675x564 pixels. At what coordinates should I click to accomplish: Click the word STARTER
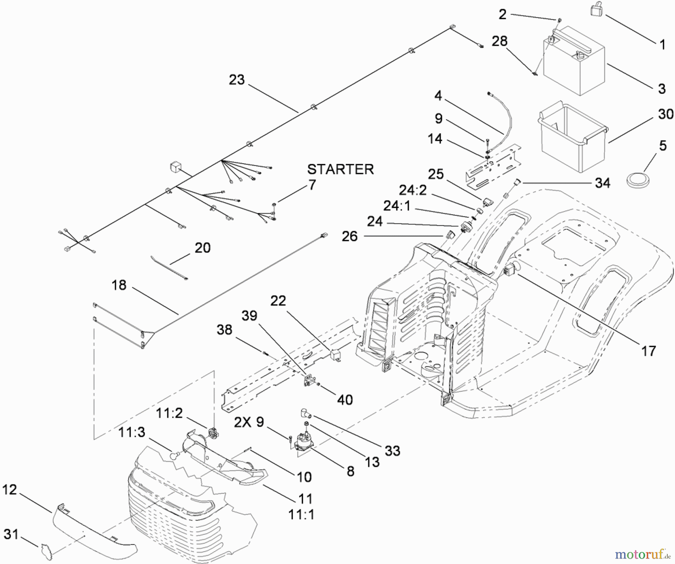(x=340, y=169)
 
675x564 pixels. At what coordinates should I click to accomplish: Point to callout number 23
(x=237, y=80)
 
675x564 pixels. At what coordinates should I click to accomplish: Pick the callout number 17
(x=648, y=351)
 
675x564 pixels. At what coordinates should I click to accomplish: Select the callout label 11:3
(x=132, y=432)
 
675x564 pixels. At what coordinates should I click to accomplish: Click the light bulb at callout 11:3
(x=174, y=455)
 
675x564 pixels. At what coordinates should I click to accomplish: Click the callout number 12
(x=10, y=489)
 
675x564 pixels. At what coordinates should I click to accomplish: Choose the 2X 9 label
(x=249, y=422)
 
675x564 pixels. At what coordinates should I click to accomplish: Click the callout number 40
(x=345, y=400)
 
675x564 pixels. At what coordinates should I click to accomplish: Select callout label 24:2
(x=412, y=190)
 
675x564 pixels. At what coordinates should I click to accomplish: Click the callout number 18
(x=119, y=285)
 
